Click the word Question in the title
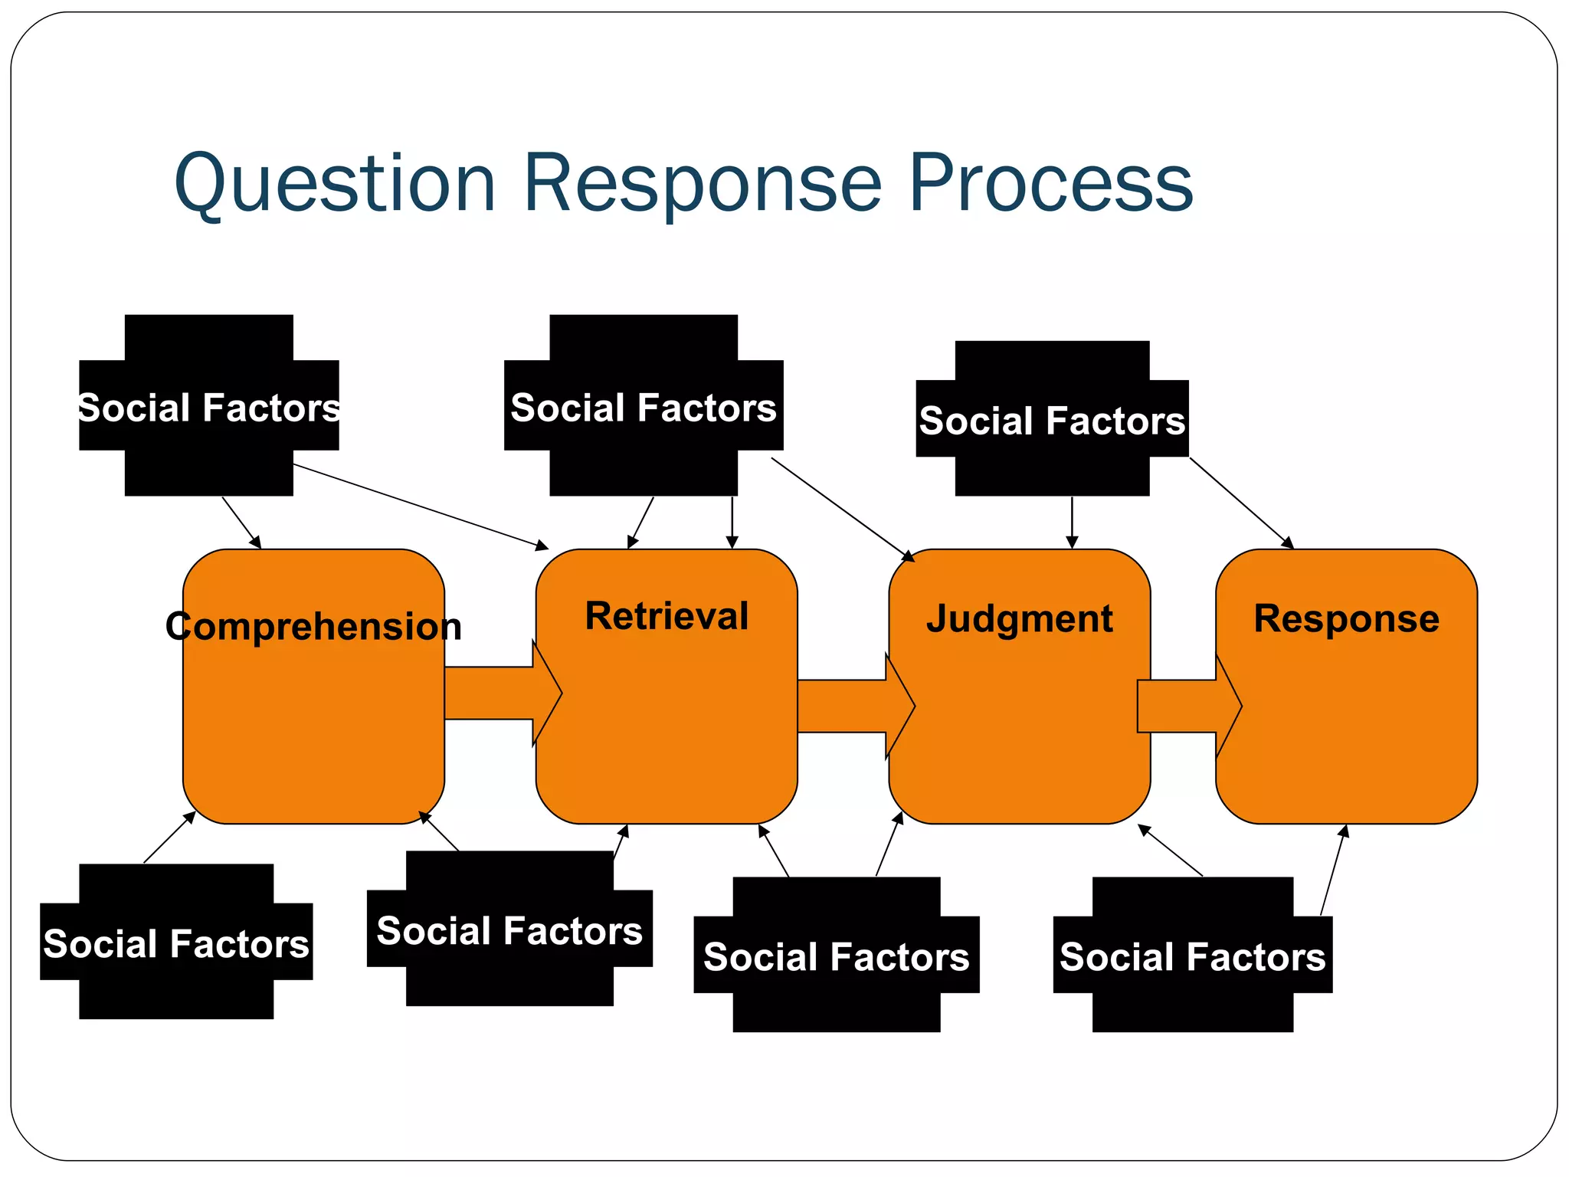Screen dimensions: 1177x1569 (335, 184)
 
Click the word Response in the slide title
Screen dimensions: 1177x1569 (702, 184)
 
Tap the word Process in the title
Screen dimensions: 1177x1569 (1050, 184)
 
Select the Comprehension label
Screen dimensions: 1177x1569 (313, 627)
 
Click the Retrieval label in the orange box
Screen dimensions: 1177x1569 (667, 617)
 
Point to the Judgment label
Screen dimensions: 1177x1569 (1019, 619)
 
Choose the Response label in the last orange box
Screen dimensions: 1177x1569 (1346, 619)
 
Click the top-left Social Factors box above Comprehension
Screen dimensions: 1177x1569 (208, 406)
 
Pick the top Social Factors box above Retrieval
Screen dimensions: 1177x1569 (644, 406)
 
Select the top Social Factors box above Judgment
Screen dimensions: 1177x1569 (1052, 420)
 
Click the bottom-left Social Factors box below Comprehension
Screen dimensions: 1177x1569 (175, 943)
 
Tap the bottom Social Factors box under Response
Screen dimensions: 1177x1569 (1192, 956)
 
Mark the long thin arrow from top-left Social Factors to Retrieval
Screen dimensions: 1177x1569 (421, 507)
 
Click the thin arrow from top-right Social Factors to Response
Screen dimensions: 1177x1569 (1241, 503)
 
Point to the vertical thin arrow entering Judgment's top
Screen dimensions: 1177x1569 (1072, 521)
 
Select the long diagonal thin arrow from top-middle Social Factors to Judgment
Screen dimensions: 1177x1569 (843, 510)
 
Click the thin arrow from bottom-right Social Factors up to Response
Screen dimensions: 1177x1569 (1334, 870)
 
